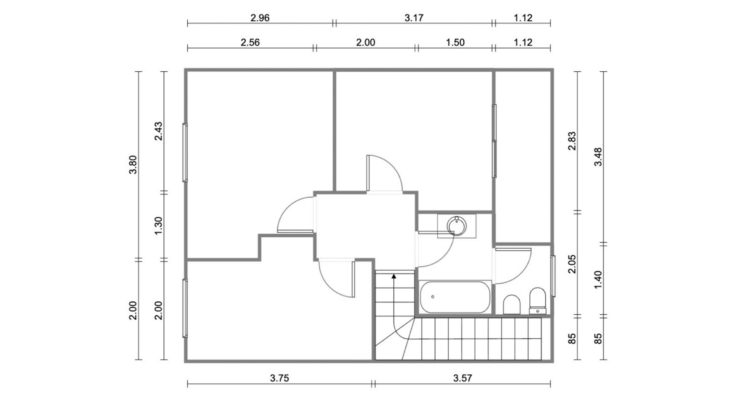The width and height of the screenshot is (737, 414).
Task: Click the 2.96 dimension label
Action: pyautogui.click(x=260, y=18)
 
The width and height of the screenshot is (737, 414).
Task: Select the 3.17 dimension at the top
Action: pyautogui.click(x=414, y=18)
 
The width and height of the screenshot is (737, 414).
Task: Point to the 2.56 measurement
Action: pyautogui.click(x=250, y=42)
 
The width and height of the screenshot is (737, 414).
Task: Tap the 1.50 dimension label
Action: pyautogui.click(x=455, y=42)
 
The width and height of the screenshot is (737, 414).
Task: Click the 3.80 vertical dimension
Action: pyautogui.click(x=133, y=165)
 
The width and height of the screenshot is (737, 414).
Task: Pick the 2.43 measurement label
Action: pyautogui.click(x=158, y=131)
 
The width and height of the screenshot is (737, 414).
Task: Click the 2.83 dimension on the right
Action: pyautogui.click(x=572, y=141)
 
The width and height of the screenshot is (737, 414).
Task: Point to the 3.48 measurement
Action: pyautogui.click(x=598, y=157)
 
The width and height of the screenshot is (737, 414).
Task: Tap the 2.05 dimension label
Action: pyautogui.click(x=572, y=264)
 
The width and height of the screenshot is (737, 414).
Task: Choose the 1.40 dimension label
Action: pyautogui.click(x=598, y=280)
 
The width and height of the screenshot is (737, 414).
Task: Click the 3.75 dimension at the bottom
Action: pyautogui.click(x=279, y=378)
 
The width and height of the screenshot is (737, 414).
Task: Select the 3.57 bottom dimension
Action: pyautogui.click(x=462, y=378)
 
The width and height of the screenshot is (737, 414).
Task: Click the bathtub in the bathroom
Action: pyautogui.click(x=455, y=297)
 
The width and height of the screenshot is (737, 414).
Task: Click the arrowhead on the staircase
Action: pyautogui.click(x=393, y=276)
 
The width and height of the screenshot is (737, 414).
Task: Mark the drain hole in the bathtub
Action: pyautogui.click(x=433, y=297)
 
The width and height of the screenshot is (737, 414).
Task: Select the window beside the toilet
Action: pyautogui.click(x=553, y=276)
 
